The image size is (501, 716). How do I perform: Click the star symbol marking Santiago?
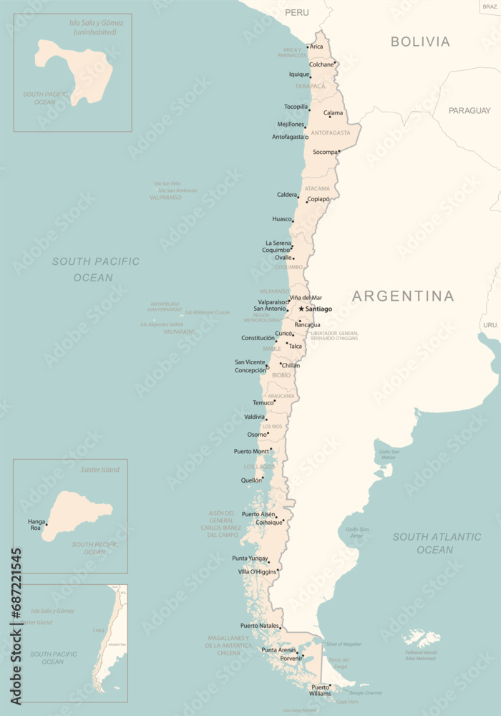click(x=301, y=309)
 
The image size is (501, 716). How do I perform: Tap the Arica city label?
click(x=316, y=47)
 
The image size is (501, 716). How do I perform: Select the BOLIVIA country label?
click(x=420, y=42)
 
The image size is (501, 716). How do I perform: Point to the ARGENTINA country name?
click(x=403, y=296)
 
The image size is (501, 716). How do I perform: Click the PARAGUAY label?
click(x=470, y=110)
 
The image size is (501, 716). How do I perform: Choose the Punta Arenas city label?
click(x=278, y=649)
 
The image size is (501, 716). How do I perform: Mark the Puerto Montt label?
click(x=251, y=451)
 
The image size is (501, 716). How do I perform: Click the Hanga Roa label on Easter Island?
click(x=35, y=524)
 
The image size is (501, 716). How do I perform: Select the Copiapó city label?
click(x=318, y=199)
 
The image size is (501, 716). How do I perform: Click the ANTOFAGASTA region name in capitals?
click(x=331, y=132)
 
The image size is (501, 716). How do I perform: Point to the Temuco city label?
click(x=263, y=402)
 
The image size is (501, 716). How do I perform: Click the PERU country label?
click(x=296, y=12)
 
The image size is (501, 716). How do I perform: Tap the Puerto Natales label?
click(x=259, y=626)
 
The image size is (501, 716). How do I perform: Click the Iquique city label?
click(x=298, y=74)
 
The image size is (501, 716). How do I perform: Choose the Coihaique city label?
click(x=269, y=522)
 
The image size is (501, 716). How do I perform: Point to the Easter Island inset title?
click(x=100, y=470)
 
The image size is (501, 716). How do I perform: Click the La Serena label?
click(x=278, y=243)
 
